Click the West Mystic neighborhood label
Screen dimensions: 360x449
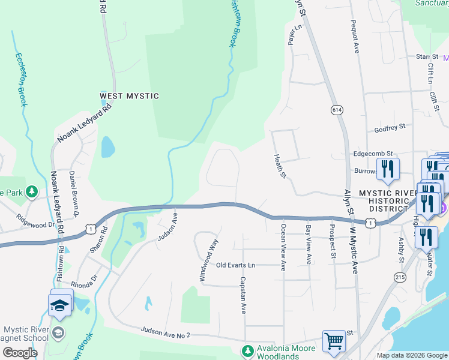click(x=129, y=96)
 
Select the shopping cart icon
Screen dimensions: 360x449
click(x=334, y=341)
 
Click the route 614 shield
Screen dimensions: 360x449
click(x=336, y=109)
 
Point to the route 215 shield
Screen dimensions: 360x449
click(x=399, y=277)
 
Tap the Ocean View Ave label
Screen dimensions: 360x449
click(x=283, y=247)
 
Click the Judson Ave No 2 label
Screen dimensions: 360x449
click(x=165, y=332)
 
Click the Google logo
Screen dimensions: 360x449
click(x=19, y=353)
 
